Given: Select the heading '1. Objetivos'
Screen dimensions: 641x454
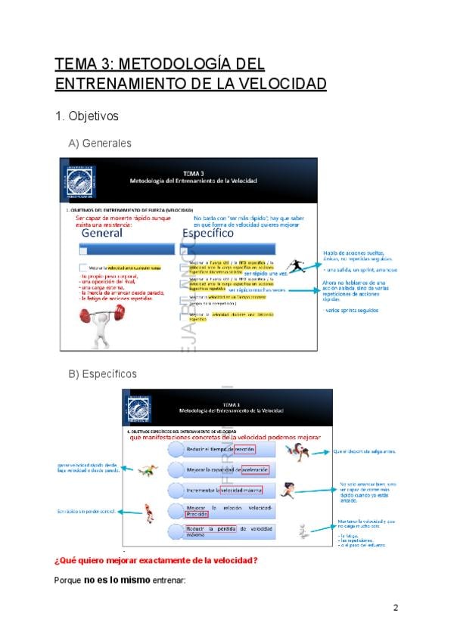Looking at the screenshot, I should point(87,116).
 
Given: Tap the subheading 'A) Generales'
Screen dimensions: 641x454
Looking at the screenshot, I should point(100,143).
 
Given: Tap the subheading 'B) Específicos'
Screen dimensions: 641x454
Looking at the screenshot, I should point(103,373).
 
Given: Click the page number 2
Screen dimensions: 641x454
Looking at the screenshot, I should point(396,608).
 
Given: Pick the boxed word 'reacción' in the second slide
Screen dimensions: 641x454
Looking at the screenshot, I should point(244,449).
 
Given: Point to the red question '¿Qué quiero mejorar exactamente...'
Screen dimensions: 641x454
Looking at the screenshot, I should point(156,560).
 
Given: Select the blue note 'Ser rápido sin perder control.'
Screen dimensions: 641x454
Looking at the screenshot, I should point(86,512).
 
